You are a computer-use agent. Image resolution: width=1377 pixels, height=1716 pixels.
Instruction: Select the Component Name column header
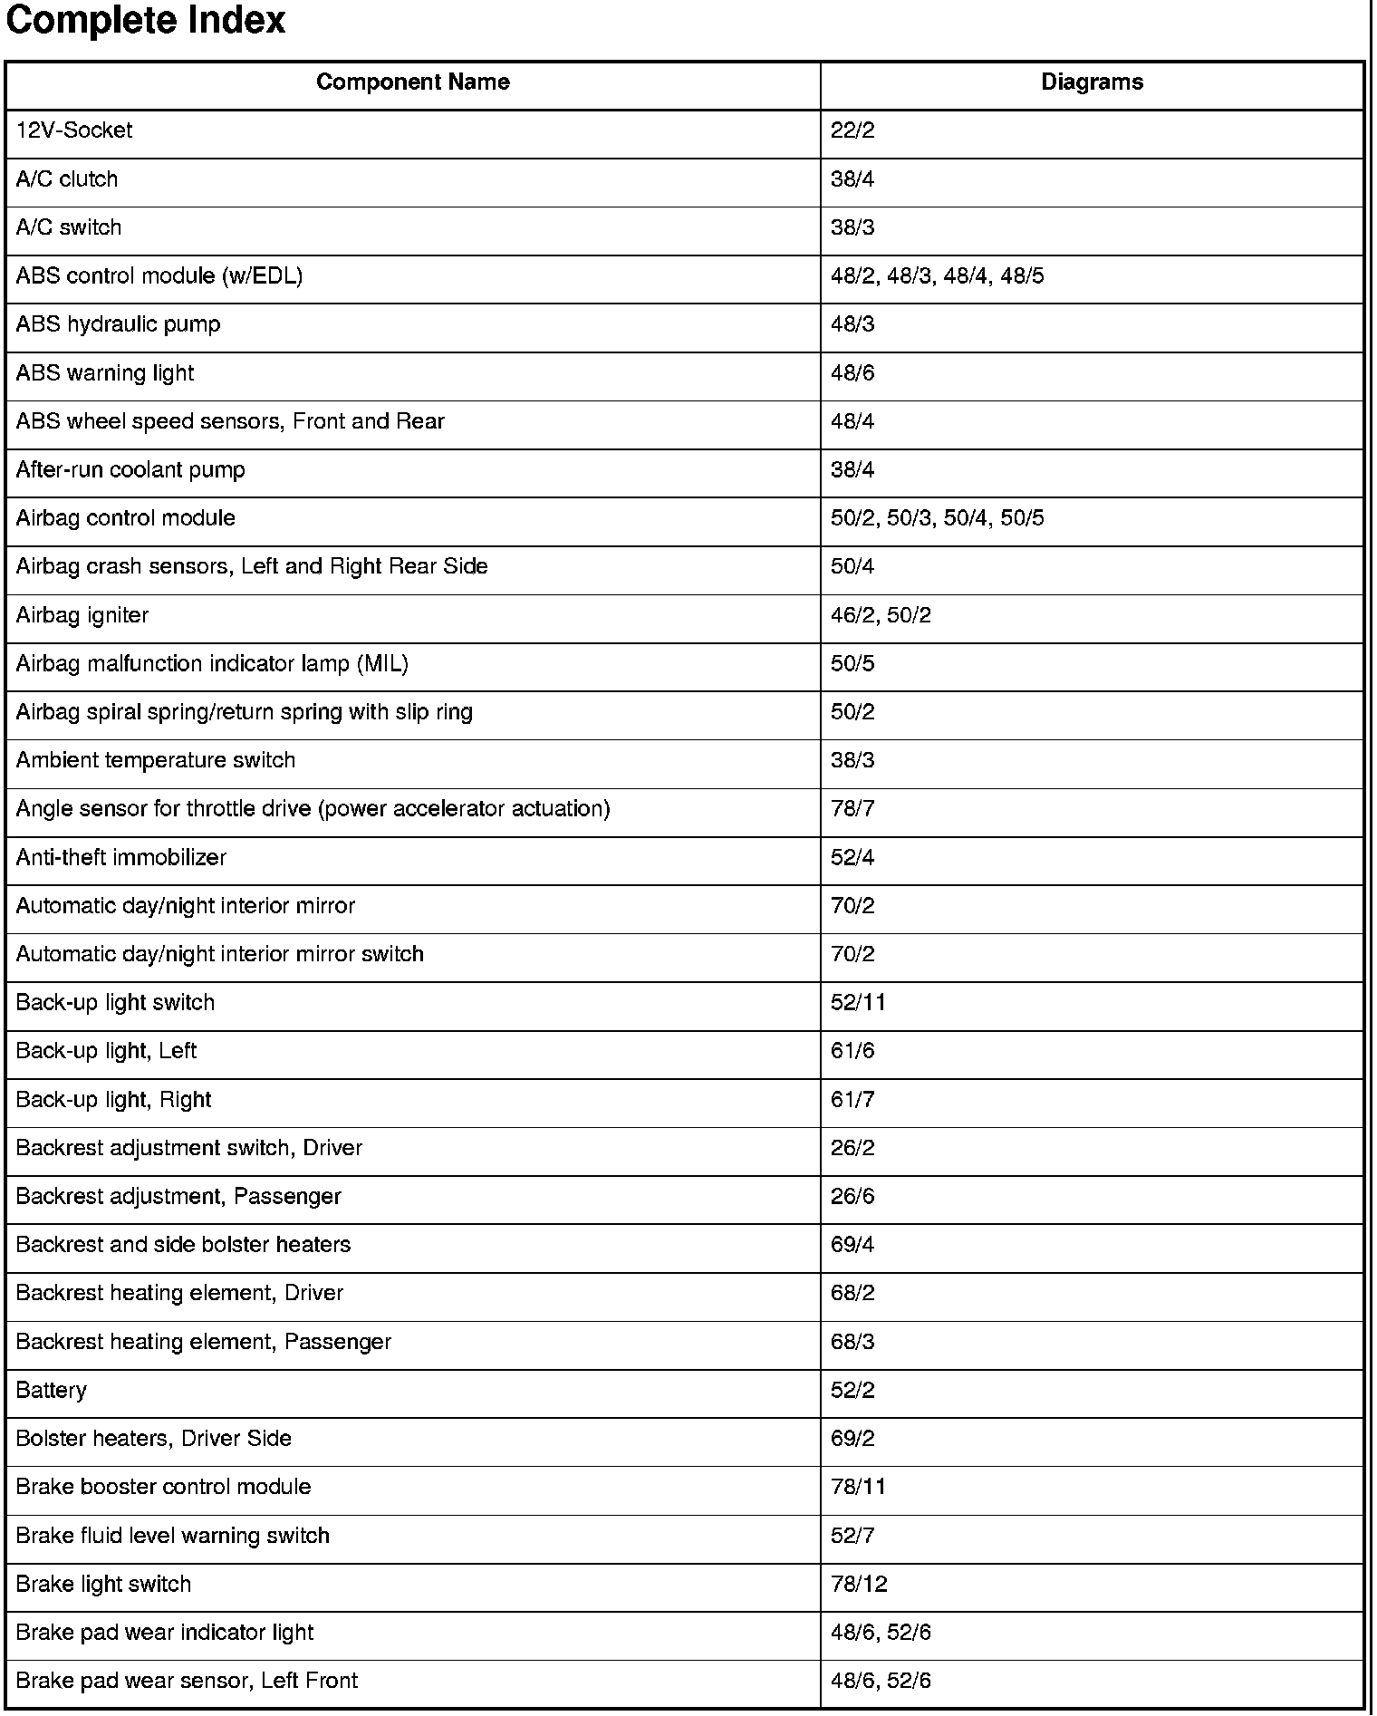(412, 82)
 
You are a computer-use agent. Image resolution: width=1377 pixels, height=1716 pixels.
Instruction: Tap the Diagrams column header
(1092, 82)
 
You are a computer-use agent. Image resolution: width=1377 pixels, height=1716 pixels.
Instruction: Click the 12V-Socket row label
(74, 130)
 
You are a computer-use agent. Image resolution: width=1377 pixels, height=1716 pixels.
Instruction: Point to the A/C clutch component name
(67, 179)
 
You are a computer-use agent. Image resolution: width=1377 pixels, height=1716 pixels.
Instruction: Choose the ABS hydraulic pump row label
(118, 324)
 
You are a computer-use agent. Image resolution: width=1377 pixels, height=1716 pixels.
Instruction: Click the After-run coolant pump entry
(130, 470)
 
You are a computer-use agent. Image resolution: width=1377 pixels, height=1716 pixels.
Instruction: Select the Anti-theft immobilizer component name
(121, 858)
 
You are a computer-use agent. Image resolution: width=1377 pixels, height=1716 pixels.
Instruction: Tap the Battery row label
(52, 1391)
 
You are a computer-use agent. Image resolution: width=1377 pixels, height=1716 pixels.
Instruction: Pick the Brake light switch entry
(104, 1585)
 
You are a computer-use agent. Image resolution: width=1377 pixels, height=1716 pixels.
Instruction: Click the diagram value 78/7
(852, 809)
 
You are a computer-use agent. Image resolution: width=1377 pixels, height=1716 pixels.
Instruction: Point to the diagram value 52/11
(858, 1003)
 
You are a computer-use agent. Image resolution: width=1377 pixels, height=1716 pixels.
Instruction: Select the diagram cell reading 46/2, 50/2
(881, 616)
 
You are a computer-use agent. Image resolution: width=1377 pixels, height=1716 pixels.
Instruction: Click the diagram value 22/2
(852, 130)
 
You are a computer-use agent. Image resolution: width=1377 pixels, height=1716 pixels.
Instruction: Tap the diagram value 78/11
(858, 1488)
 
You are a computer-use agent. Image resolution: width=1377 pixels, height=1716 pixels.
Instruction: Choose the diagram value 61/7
(852, 1100)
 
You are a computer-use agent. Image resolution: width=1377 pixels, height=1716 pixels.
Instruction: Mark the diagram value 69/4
(852, 1245)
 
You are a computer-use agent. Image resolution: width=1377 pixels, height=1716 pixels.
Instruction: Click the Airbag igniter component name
(82, 616)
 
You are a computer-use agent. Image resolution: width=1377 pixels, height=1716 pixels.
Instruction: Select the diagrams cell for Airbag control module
(937, 518)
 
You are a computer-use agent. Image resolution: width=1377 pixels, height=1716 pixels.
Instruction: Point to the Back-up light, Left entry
(106, 1051)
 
